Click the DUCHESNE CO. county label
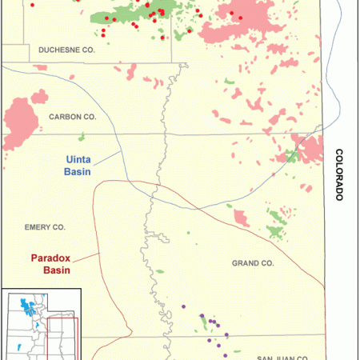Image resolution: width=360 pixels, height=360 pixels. pos(69,50)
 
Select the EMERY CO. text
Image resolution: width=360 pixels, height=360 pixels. pos(45,227)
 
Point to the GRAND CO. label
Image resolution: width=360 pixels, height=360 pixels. pos(253,262)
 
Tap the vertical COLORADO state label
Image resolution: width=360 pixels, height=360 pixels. pos(339,174)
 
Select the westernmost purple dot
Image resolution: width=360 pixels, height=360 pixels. pos(184,305)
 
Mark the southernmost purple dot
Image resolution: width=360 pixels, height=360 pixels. pos(227,354)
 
